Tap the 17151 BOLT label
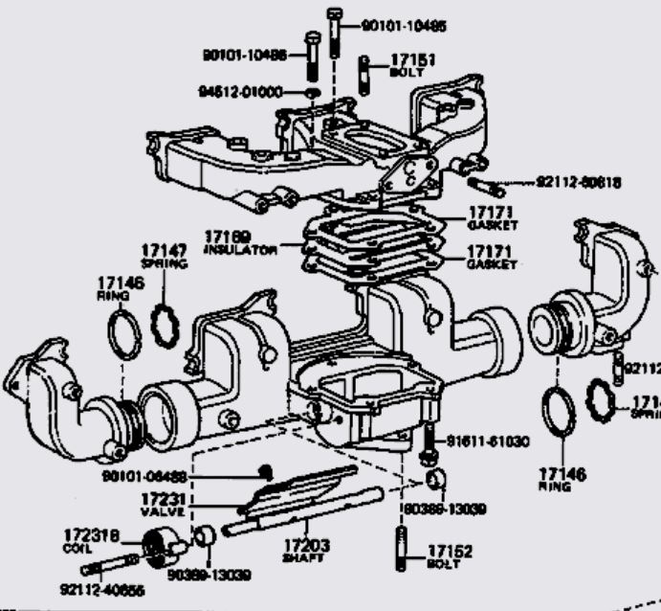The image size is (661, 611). point(412,65)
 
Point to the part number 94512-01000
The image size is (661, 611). point(241,92)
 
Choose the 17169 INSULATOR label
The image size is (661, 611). point(239,241)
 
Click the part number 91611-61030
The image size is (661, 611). point(489,441)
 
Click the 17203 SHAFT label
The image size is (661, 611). point(305,551)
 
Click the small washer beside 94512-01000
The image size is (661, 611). point(313,92)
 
